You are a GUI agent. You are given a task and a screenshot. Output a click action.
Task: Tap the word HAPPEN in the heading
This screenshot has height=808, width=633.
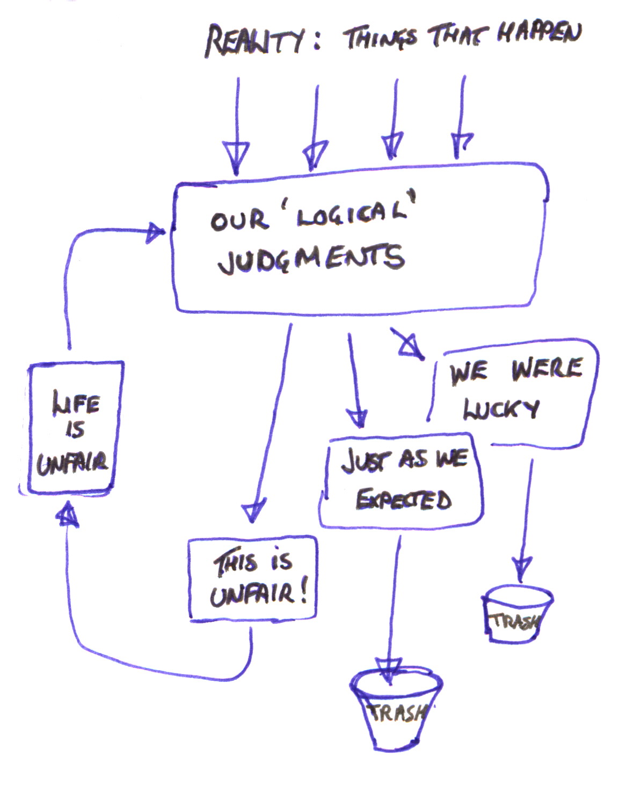point(539,33)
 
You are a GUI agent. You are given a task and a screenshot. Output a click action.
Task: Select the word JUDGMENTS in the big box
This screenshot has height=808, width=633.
point(311,259)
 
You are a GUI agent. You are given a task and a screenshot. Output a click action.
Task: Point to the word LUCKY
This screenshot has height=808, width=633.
point(501,409)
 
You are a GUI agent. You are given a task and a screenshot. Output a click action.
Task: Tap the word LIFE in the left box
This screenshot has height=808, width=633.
point(76,403)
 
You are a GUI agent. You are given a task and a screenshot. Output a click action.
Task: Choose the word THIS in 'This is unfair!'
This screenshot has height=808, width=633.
point(235,563)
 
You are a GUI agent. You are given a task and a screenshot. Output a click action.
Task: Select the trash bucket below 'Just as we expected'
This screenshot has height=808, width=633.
point(396,708)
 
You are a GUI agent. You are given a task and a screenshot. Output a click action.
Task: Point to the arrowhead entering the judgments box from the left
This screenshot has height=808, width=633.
point(156,233)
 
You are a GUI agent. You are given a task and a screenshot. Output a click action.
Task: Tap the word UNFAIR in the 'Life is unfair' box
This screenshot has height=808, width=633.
point(72,462)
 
